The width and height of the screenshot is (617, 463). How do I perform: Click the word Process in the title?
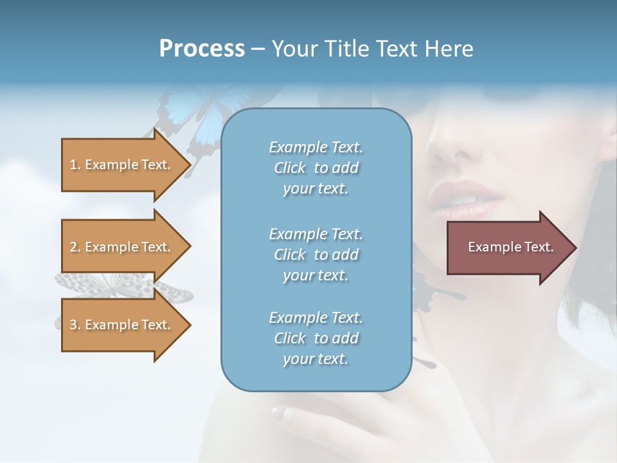(x=202, y=49)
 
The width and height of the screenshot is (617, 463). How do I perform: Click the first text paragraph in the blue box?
(x=316, y=168)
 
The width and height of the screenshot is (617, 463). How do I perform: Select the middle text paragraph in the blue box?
(x=316, y=255)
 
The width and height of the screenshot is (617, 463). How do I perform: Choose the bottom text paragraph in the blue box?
(x=316, y=338)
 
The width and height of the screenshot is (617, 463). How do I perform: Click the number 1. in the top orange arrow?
(x=75, y=165)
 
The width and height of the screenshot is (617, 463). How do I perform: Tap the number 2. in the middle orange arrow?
(x=75, y=247)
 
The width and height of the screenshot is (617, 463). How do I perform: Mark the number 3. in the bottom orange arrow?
(x=75, y=325)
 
